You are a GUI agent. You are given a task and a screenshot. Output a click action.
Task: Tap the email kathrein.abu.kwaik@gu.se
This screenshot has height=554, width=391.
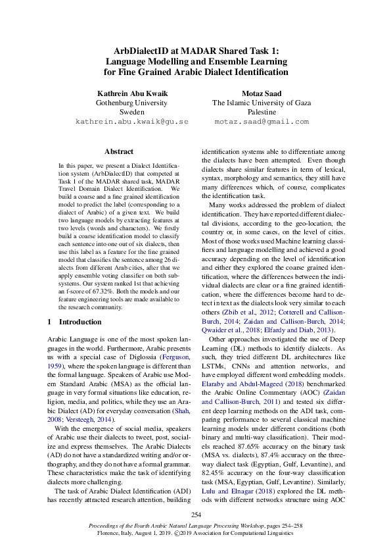(123, 122)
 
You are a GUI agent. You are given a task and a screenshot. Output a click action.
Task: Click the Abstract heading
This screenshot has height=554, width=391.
(118, 151)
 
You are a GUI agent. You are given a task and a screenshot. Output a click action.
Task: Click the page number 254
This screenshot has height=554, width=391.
(195, 513)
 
